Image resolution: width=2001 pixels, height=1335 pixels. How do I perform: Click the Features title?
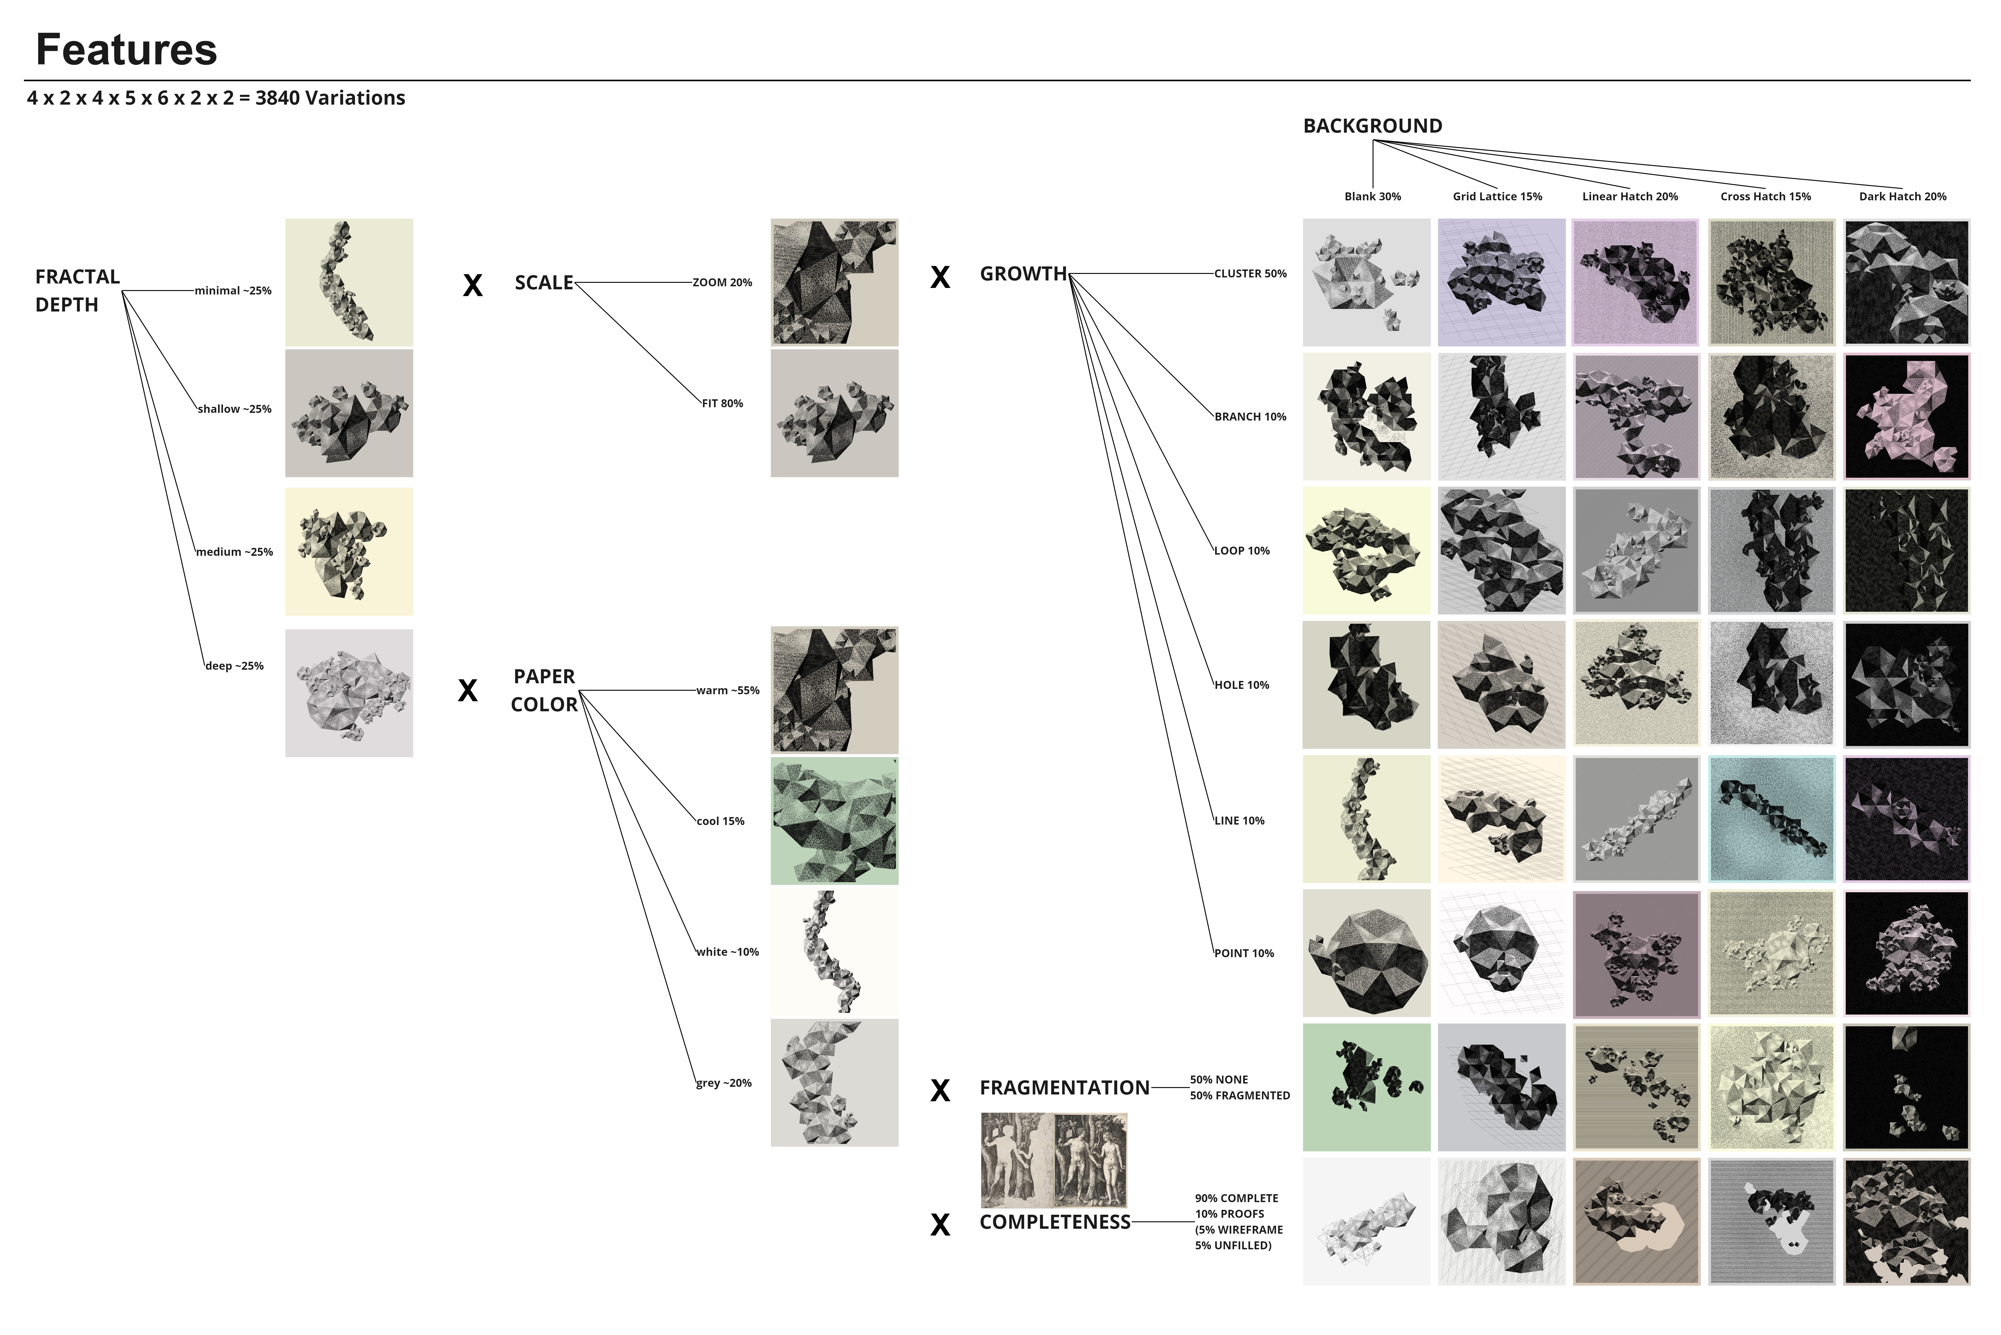[x=126, y=49]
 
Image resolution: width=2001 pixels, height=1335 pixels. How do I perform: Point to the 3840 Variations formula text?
[x=216, y=98]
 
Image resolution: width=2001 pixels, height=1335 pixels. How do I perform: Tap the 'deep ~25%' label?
[x=234, y=666]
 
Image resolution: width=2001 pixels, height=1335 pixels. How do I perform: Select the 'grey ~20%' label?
[x=724, y=1083]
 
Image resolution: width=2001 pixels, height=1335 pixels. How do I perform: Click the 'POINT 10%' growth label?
[x=1244, y=954]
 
